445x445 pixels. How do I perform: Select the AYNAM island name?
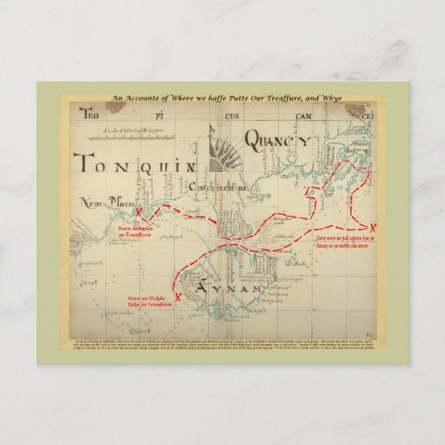coord(219,288)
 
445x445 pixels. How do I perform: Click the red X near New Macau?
coord(149,213)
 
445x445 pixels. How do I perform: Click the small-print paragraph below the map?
coord(222,348)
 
